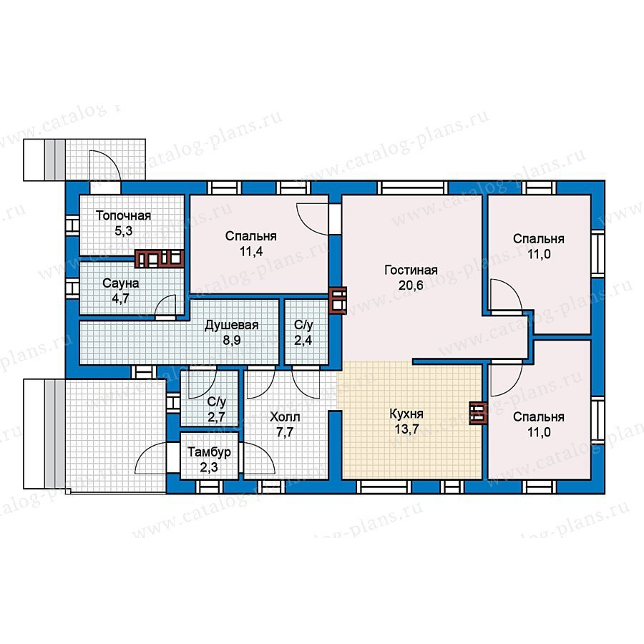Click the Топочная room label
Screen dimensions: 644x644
[x=123, y=215]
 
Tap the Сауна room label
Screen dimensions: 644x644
[x=120, y=283]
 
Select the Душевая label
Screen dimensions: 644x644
[x=232, y=326]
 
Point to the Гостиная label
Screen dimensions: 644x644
[x=411, y=270]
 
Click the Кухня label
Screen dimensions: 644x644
[x=406, y=414]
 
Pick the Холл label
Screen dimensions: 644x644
[x=285, y=417]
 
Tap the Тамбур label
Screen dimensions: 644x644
[x=209, y=452]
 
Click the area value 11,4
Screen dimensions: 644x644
[x=251, y=251]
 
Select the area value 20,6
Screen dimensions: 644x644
[x=411, y=285]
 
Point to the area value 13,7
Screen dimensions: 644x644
[x=406, y=429]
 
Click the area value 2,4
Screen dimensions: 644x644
[x=303, y=341]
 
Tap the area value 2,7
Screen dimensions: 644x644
[x=216, y=417]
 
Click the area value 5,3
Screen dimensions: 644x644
[x=123, y=231]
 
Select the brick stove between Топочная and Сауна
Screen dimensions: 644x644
[x=160, y=259]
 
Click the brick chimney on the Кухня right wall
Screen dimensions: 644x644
[x=479, y=413]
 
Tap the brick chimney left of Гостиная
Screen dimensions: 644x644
[x=338, y=301]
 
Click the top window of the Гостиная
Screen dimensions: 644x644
[x=412, y=187]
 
